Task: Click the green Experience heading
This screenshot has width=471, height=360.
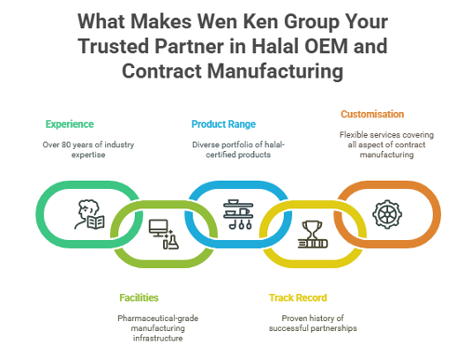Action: click(70, 124)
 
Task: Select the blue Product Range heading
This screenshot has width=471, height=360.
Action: click(223, 124)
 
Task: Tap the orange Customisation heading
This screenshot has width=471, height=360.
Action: click(372, 114)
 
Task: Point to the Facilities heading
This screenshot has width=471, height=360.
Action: click(138, 297)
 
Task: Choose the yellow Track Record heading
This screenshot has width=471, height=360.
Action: click(297, 297)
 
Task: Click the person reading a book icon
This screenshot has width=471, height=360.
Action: click(89, 214)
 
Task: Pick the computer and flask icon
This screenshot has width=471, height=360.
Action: click(164, 234)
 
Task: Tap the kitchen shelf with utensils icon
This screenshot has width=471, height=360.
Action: click(238, 214)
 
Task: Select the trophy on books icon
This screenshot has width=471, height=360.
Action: click(313, 235)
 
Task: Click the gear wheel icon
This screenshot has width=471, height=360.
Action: click(387, 214)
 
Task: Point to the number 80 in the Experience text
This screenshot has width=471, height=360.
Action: click(66, 145)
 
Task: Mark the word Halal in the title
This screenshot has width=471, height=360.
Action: click(275, 46)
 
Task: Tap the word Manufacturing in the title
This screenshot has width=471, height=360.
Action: click(275, 71)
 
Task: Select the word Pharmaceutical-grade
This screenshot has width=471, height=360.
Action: click(158, 319)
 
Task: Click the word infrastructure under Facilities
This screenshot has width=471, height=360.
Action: click(158, 338)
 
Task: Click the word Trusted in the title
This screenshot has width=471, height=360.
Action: click(114, 46)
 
